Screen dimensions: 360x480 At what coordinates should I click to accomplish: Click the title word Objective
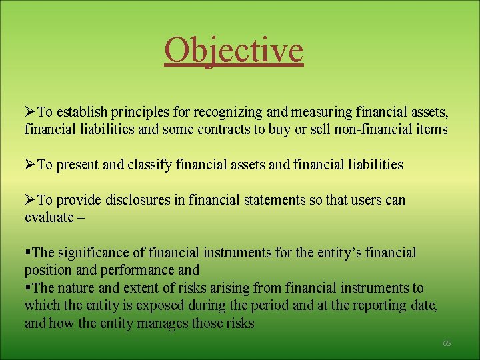pyautogui.click(x=233, y=50)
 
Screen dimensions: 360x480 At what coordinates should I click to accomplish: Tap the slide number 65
pyautogui.click(x=447, y=343)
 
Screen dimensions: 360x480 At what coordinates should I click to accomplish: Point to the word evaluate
pyautogui.click(x=49, y=217)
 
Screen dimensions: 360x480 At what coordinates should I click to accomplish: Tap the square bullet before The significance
pyautogui.click(x=27, y=253)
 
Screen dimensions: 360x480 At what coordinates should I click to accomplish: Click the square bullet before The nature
pyautogui.click(x=27, y=288)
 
